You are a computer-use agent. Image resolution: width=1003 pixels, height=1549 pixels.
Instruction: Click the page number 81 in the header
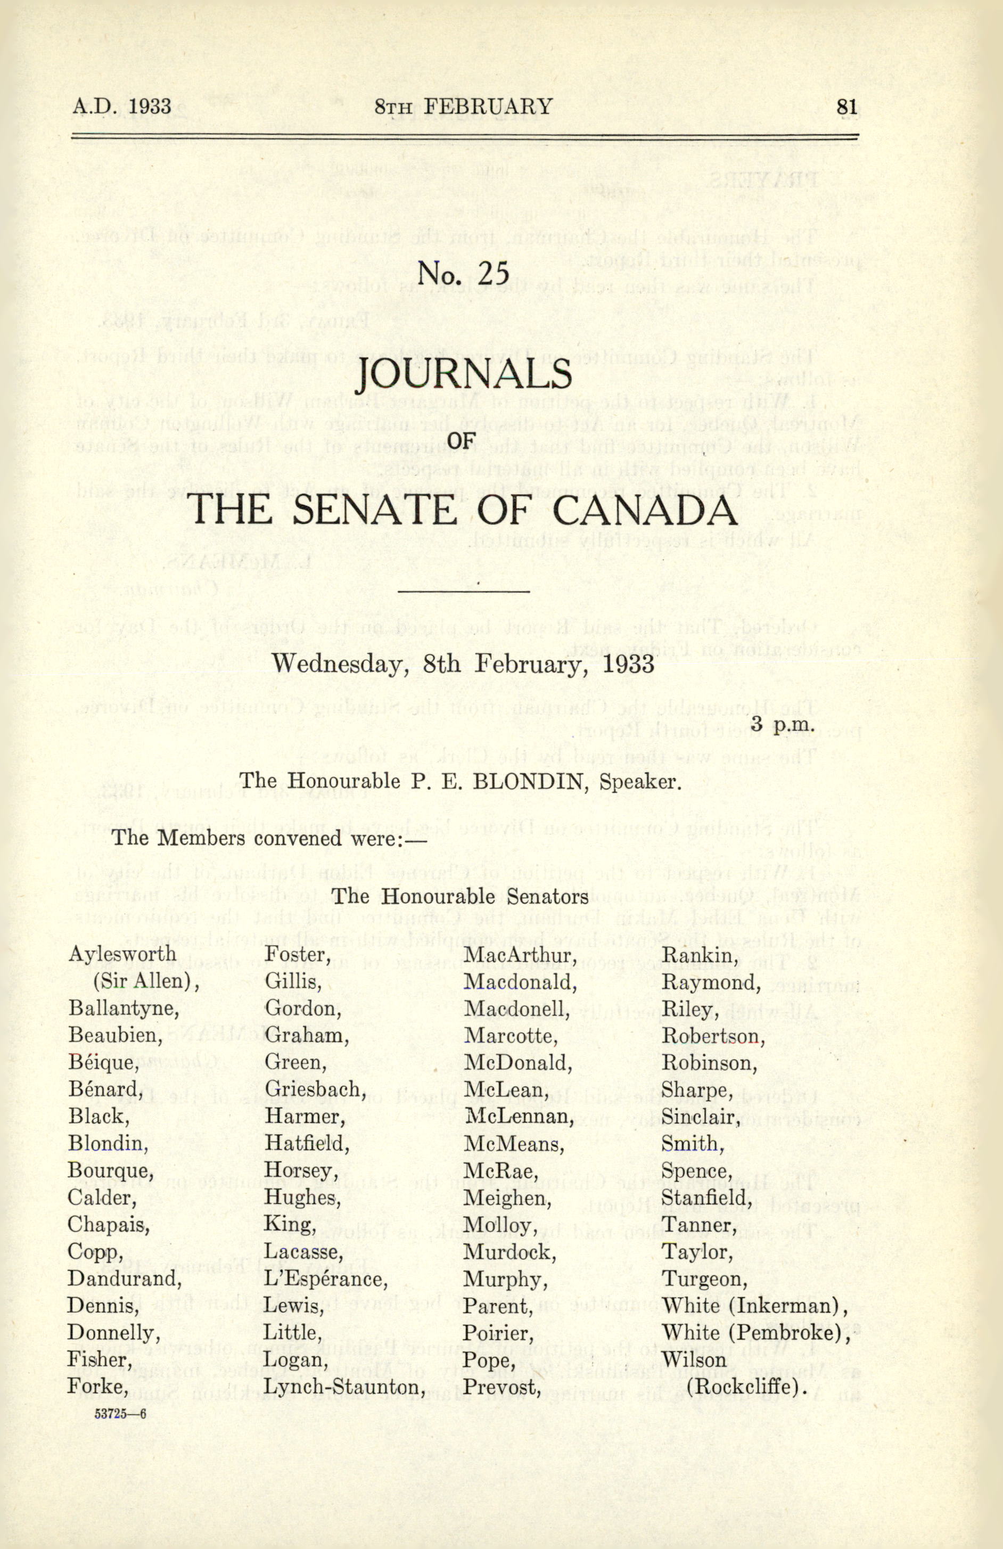point(847,106)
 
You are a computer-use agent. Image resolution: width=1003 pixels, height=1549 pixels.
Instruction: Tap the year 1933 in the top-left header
point(150,106)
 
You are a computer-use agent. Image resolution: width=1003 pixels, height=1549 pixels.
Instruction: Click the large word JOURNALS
point(463,376)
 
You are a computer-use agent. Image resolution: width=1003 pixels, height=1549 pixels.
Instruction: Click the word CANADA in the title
point(646,510)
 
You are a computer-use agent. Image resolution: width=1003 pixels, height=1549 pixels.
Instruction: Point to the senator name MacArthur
point(520,955)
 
